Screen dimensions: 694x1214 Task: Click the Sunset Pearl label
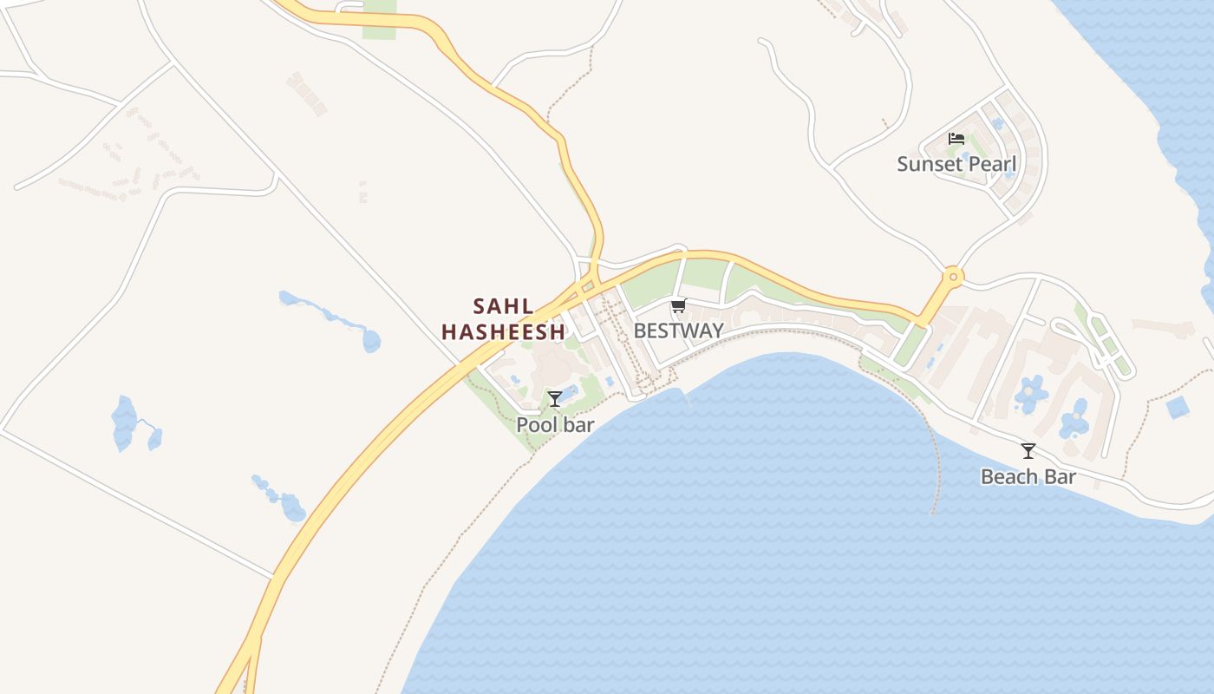(956, 164)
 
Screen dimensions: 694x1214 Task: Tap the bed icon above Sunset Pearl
(956, 139)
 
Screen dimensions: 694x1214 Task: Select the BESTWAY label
(678, 331)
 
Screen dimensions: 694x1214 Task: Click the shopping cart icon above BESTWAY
(678, 305)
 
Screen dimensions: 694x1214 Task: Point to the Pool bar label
(555, 425)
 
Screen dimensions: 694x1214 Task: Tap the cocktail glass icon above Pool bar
(555, 399)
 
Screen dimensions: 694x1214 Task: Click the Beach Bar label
(1028, 476)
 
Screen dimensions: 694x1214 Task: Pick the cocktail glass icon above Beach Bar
(1028, 451)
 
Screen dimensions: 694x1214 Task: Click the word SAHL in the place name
(503, 306)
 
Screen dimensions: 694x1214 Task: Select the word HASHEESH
(503, 331)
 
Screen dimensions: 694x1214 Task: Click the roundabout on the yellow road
(953, 278)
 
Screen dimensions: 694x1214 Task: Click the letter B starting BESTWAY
(640, 331)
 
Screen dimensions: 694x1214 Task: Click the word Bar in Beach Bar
(1061, 476)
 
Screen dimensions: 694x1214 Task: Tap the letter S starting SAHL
(479, 306)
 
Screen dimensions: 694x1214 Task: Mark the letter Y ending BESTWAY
(716, 331)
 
